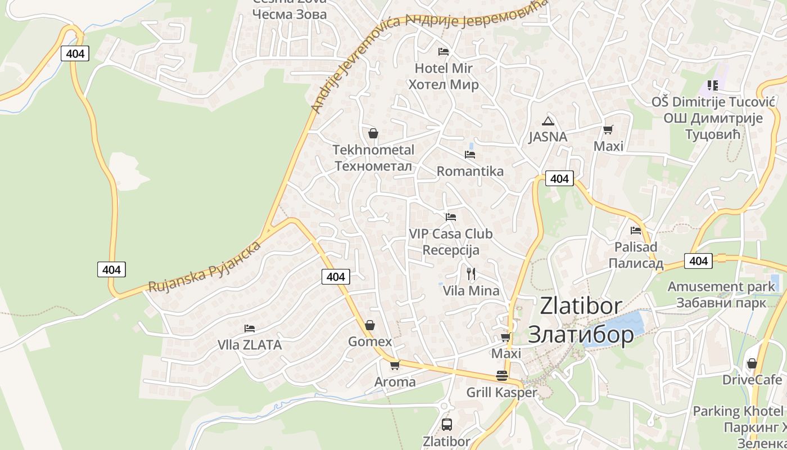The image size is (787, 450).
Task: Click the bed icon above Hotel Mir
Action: point(444,52)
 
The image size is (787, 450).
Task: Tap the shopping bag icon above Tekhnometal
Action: point(373,133)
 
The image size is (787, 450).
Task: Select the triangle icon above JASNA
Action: point(548,120)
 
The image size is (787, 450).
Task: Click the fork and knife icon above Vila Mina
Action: point(471,274)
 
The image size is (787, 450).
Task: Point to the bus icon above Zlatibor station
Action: point(446,425)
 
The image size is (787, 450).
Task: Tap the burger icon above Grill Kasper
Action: point(502,376)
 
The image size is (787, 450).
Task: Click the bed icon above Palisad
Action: point(636,230)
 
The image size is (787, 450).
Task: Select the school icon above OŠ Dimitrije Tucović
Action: point(713,85)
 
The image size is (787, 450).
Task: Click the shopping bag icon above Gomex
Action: point(370,325)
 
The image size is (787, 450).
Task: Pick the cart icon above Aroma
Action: point(395,365)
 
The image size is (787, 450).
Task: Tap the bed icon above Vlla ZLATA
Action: point(250,328)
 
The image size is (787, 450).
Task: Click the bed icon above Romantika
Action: point(470,154)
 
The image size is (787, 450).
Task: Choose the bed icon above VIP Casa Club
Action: point(450,217)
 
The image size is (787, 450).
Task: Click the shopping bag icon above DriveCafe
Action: point(752,363)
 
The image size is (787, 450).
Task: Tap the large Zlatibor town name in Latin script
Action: point(581,305)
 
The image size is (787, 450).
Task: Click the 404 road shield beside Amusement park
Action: point(698,261)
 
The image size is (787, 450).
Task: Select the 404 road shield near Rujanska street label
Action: point(111,269)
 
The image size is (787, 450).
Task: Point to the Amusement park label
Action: point(721,286)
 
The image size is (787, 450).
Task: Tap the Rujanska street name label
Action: point(205,267)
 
